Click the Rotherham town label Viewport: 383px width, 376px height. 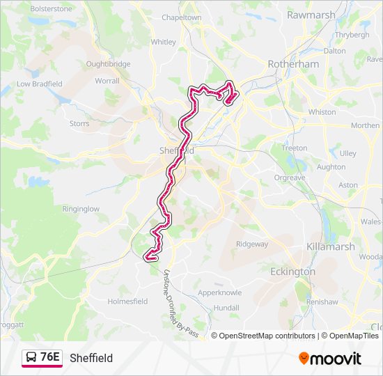[x=293, y=64]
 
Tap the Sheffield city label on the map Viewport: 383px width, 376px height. [x=175, y=150]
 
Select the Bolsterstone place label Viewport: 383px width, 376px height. [x=50, y=8]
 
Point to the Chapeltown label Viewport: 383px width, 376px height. [x=181, y=17]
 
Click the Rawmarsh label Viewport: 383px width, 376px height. [x=311, y=15]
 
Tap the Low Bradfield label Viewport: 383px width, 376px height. [x=40, y=84]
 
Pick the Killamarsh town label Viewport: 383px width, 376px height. [x=331, y=246]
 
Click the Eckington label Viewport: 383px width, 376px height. [x=292, y=272]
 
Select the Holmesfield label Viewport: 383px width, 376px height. [x=127, y=301]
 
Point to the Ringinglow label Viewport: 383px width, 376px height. [x=81, y=208]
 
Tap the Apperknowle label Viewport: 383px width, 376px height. [x=219, y=292]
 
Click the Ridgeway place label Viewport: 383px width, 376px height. [x=251, y=244]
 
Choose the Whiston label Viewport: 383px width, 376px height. [x=322, y=111]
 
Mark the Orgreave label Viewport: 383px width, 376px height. [x=289, y=178]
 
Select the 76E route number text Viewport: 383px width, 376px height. [x=49, y=357]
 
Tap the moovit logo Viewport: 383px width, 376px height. [x=330, y=358]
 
